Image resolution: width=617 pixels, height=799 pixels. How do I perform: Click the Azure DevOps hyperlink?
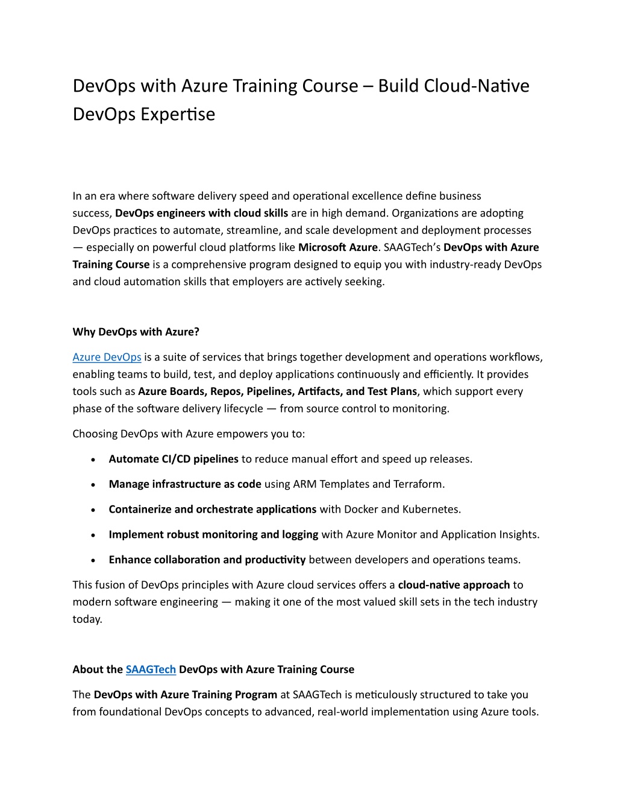pos(107,357)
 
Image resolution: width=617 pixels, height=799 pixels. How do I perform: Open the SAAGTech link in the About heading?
pos(151,669)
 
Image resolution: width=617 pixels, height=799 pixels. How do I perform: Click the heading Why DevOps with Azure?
pos(136,332)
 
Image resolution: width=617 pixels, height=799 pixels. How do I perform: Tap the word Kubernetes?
pos(431,510)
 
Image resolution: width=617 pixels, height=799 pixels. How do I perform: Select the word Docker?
pos(361,510)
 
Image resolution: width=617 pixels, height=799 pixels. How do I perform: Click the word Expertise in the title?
pos(178,114)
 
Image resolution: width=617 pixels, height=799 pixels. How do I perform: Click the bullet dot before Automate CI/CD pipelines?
pos(93,460)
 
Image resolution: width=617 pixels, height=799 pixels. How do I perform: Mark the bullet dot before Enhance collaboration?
pos(93,560)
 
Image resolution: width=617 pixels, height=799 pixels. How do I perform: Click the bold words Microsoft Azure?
pos(338,247)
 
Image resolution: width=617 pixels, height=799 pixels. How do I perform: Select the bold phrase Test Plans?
pos(392,391)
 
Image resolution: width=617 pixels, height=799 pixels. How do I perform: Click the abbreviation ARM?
pos(305,484)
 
